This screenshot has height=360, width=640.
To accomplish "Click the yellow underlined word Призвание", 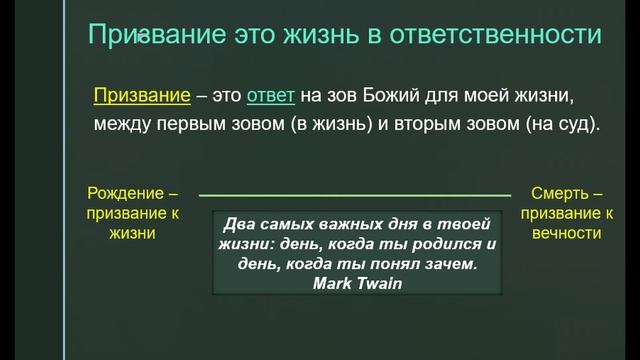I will coord(141,95).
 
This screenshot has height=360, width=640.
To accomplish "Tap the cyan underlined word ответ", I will coord(269,95).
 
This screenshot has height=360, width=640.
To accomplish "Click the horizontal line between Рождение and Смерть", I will coord(355,193).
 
